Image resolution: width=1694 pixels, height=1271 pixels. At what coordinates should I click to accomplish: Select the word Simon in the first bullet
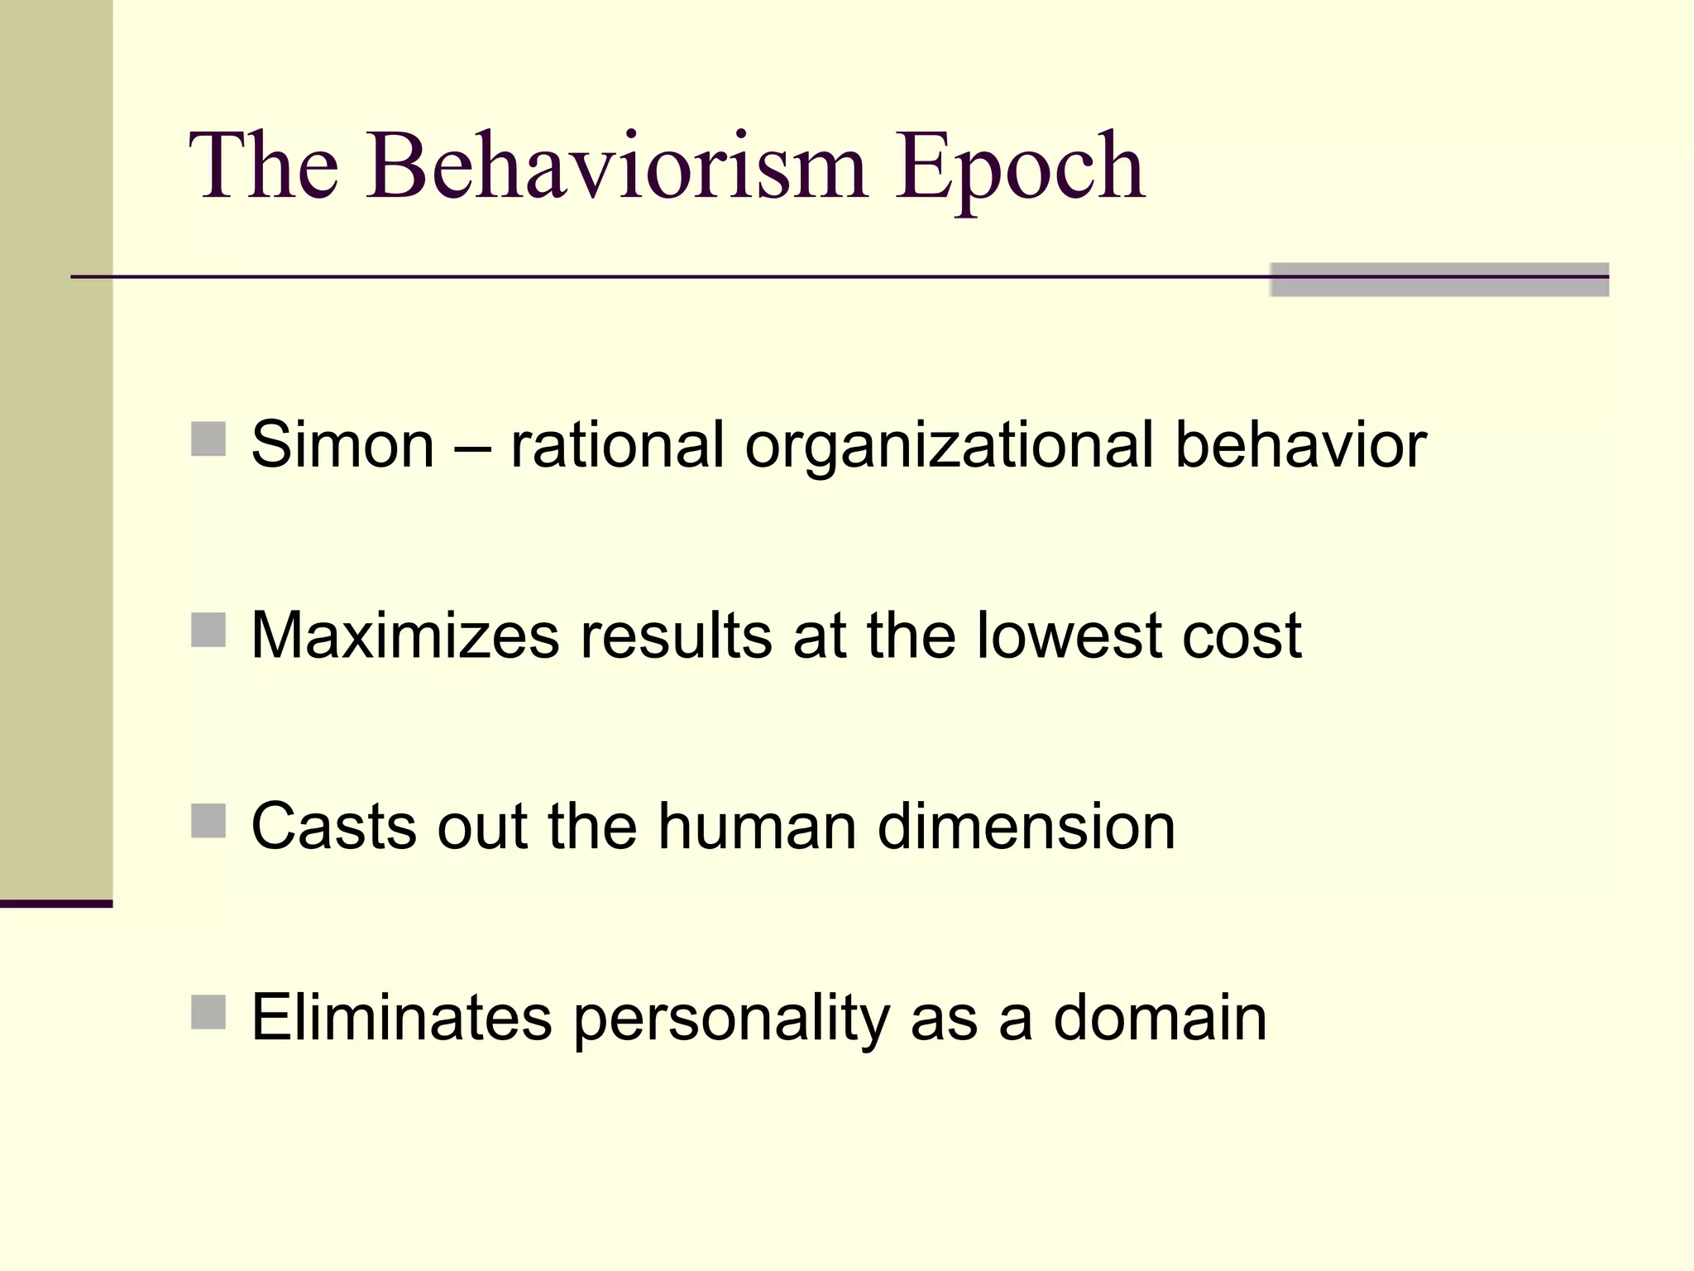342,444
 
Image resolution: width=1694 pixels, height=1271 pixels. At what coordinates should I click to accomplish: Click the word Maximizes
404,635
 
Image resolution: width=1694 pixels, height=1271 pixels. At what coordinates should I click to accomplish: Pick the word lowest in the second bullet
1069,635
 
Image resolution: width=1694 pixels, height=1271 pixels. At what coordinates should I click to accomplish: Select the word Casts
333,827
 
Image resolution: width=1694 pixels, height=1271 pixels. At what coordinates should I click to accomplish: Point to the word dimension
1026,827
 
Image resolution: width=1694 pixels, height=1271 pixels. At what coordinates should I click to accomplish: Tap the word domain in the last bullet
1160,1017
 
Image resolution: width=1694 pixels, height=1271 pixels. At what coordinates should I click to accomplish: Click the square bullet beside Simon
208,439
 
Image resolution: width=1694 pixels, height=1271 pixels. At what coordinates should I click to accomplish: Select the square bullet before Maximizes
208,630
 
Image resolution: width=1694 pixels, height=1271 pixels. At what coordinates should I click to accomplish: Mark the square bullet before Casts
208,821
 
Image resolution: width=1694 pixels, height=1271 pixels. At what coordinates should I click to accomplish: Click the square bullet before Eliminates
208,1012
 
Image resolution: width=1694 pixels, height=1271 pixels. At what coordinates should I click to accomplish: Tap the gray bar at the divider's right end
1439,280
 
